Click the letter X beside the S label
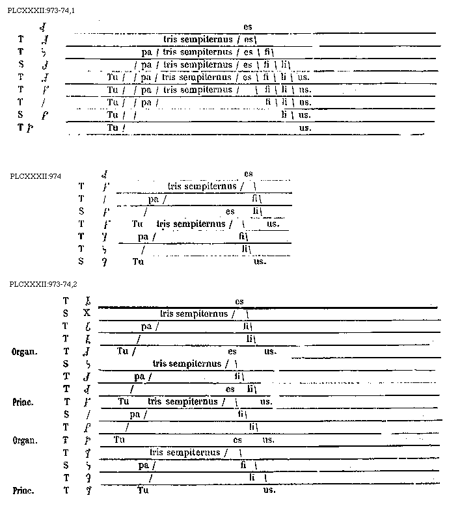87,313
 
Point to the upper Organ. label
25,352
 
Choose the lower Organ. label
25,440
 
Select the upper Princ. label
23,403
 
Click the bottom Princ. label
23,491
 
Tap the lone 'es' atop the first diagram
247,27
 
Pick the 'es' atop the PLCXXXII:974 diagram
249,174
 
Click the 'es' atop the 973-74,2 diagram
239,301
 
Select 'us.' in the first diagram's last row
305,128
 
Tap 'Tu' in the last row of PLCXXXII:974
137,261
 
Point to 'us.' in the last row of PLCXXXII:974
260,261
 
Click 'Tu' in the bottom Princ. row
143,491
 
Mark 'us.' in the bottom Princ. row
269,491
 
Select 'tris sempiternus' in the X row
194,313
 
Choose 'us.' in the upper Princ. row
265,403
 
